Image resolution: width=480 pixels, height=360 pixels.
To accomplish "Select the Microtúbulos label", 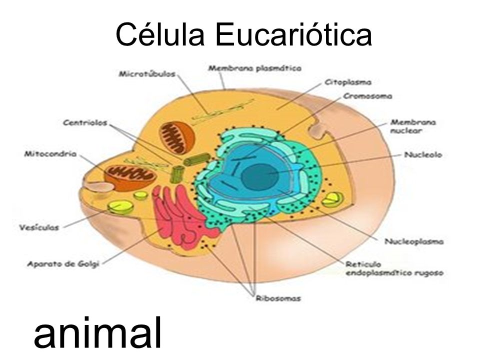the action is click(147, 74).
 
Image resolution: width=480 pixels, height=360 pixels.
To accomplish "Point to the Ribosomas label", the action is click(278, 298).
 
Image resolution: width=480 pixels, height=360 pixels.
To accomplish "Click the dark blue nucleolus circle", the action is click(259, 176).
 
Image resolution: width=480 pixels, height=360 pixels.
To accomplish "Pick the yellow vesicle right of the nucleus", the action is click(331, 200).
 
